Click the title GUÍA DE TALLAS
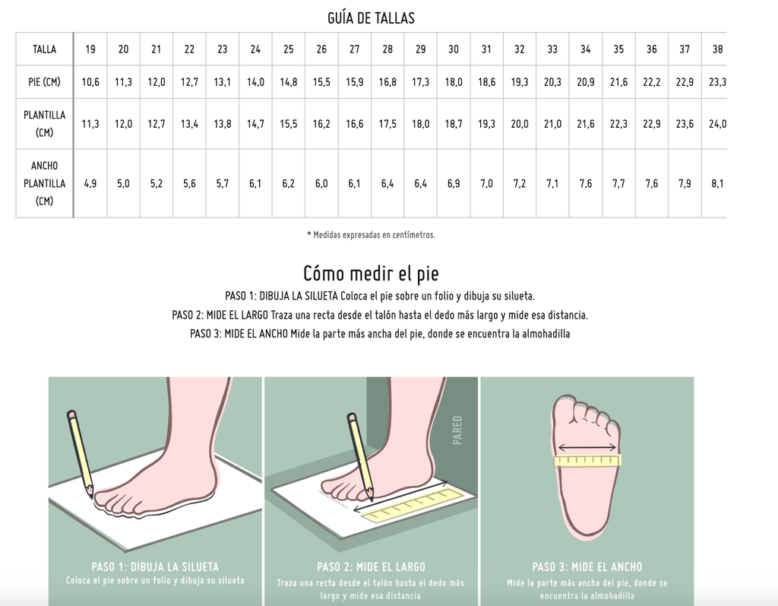371,18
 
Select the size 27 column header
354,49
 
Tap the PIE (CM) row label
44,82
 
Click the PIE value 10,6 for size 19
90,82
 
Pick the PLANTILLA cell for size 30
454,124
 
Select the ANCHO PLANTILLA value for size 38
717,183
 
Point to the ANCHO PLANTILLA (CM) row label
44,183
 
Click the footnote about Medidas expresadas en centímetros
371,235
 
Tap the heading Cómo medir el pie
371,273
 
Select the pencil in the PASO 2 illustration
360,456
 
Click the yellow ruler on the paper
413,506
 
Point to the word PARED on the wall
457,430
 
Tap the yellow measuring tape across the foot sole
587,461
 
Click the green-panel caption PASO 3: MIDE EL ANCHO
587,566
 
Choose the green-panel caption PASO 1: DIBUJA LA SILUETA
155,566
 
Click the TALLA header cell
44,49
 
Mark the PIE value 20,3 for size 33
552,82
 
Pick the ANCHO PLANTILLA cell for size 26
321,183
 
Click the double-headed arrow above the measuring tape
587,448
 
